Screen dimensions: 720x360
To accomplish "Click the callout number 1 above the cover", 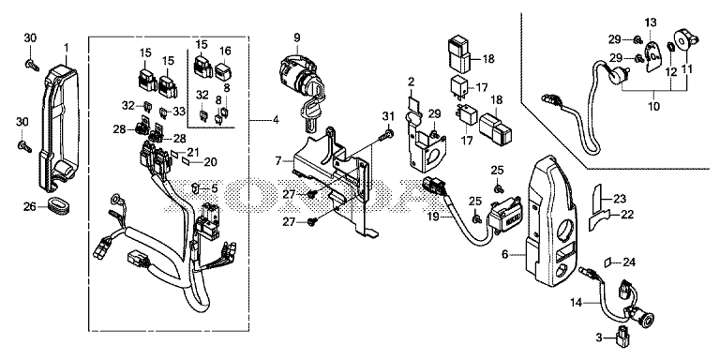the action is pyautogui.click(x=67, y=48).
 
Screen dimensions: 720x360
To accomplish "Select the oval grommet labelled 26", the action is pyautogui.click(x=57, y=204).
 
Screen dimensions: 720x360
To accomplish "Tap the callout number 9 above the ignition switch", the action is pyautogui.click(x=296, y=37).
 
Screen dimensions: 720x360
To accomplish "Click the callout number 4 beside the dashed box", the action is pyautogui.click(x=275, y=120).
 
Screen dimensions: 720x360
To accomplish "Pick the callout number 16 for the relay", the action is pyautogui.click(x=225, y=51).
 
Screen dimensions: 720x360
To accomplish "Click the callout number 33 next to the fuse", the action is pyautogui.click(x=180, y=112).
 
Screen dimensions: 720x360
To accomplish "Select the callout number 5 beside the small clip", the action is pyautogui.click(x=215, y=187).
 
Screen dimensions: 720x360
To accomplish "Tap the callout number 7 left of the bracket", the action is pyautogui.click(x=277, y=161).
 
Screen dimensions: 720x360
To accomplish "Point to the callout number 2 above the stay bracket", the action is pyautogui.click(x=411, y=82).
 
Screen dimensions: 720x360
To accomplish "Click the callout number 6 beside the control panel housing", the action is pyautogui.click(x=504, y=254).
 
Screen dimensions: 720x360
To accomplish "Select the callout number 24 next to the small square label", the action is pyautogui.click(x=629, y=263).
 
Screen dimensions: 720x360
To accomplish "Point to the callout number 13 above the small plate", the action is pyautogui.click(x=651, y=22).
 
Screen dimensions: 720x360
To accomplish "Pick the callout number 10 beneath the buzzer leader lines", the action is pyautogui.click(x=653, y=107).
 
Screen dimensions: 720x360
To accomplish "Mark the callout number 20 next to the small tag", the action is pyautogui.click(x=211, y=161).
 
